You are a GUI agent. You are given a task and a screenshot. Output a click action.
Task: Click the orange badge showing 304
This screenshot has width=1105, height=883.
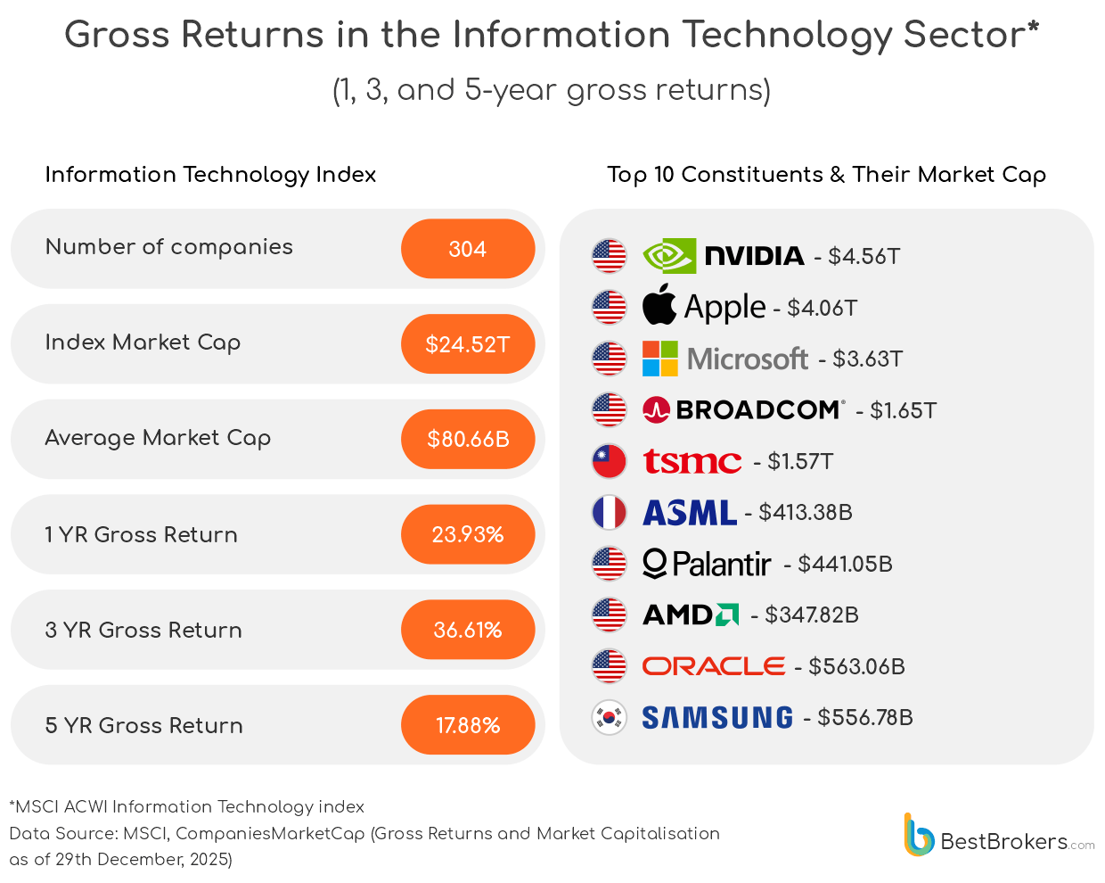pos(468,249)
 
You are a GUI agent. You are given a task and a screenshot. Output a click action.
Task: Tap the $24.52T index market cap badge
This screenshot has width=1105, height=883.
pos(468,344)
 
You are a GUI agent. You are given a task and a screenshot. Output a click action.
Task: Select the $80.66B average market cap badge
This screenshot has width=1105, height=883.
pos(468,439)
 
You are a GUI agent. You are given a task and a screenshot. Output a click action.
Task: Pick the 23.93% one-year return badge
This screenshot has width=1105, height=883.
pos(468,534)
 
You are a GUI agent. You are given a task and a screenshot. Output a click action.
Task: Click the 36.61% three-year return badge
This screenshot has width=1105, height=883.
pos(468,630)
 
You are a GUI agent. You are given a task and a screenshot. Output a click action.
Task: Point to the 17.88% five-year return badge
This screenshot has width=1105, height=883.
pos(468,725)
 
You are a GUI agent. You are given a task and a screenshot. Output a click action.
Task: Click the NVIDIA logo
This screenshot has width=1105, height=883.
pos(723,256)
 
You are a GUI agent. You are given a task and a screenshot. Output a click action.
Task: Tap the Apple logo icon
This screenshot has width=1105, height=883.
pos(659,305)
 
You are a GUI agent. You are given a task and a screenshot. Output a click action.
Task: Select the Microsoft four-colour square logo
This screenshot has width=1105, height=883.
pos(660,359)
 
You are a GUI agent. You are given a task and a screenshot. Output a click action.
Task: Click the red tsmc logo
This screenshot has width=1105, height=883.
pos(692,461)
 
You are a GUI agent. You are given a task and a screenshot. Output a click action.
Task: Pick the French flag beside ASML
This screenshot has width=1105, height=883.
pos(610,512)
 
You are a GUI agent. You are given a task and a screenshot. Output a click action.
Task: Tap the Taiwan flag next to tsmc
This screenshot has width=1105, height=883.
pos(610,461)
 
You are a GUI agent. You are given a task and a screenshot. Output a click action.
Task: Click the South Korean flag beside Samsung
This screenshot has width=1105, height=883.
pos(610,717)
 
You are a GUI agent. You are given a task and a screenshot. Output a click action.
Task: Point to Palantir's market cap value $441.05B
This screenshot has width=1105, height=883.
pos(845,564)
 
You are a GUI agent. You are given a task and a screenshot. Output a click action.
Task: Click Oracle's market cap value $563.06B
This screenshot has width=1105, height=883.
pos(856,666)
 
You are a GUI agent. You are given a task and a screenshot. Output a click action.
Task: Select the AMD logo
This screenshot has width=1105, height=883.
pos(691,615)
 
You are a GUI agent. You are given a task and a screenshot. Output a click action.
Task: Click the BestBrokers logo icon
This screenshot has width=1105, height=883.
pos(918,836)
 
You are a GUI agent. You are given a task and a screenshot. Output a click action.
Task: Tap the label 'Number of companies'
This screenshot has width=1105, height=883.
pos(169,247)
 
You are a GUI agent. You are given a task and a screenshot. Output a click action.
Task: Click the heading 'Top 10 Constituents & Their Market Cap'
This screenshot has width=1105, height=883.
pos(826,175)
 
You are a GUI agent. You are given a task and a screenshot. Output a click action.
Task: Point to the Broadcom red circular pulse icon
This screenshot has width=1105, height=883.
pos(656,410)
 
